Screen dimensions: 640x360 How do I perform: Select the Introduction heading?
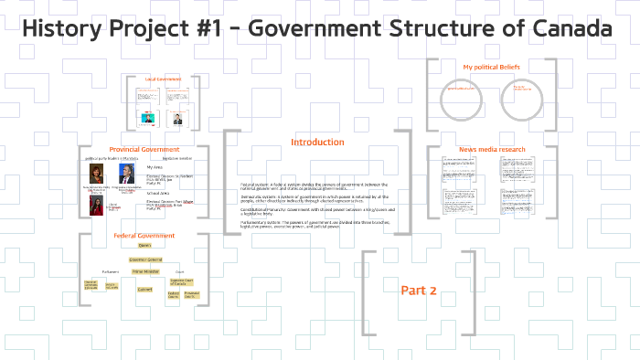pyautogui.click(x=317, y=142)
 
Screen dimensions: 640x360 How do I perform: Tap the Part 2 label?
pyautogui.click(x=420, y=291)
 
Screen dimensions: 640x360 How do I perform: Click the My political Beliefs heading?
pyautogui.click(x=491, y=68)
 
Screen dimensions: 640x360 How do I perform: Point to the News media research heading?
pyautogui.click(x=491, y=149)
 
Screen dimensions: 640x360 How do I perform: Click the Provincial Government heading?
pyautogui.click(x=144, y=149)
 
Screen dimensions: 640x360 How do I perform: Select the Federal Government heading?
pyautogui.click(x=144, y=235)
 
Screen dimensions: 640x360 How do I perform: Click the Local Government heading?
pyautogui.click(x=162, y=79)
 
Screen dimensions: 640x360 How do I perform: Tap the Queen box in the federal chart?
pyautogui.click(x=144, y=246)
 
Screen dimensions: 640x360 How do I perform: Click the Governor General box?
pyautogui.click(x=144, y=259)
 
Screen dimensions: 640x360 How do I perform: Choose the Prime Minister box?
pyautogui.click(x=144, y=271)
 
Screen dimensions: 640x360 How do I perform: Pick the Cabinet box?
pyautogui.click(x=144, y=289)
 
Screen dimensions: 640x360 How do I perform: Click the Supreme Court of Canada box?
pyautogui.click(x=182, y=281)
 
